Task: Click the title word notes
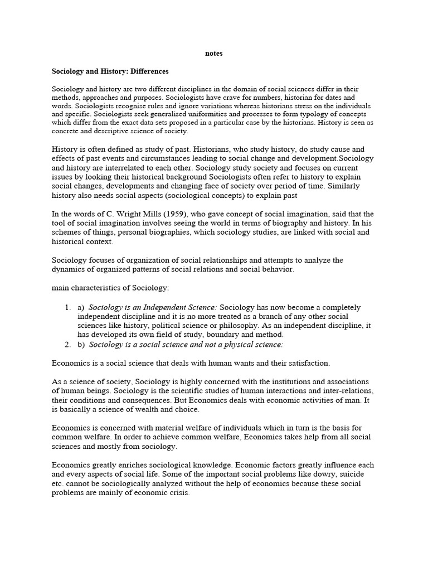pyautogui.click(x=214, y=54)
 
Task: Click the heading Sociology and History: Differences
pyautogui.click(x=110, y=71)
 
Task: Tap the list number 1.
pyautogui.click(x=67, y=307)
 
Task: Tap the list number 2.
pyautogui.click(x=67, y=345)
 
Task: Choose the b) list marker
pyautogui.click(x=81, y=345)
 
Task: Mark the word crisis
pyautogui.click(x=178, y=492)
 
